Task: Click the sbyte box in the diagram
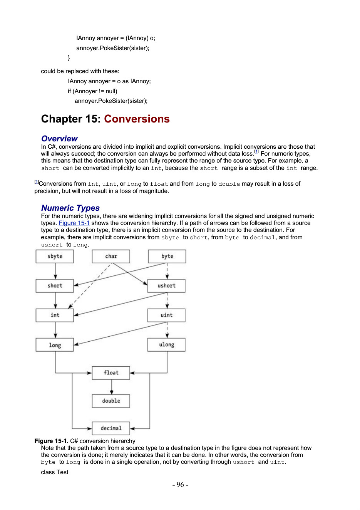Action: click(x=55, y=256)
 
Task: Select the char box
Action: click(x=111, y=256)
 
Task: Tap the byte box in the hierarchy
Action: click(x=167, y=256)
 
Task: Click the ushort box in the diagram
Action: click(x=166, y=286)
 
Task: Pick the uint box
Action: click(x=166, y=315)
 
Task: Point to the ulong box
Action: click(x=166, y=345)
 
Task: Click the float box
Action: click(x=111, y=373)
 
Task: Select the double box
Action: click(x=111, y=401)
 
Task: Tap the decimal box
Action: click(x=111, y=428)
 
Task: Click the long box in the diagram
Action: click(x=55, y=345)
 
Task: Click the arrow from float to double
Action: click(x=112, y=387)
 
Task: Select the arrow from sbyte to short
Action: click(x=55, y=271)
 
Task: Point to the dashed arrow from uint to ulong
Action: click(x=167, y=330)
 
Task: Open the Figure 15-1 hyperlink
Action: click(x=74, y=223)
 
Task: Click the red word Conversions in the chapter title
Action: click(x=137, y=119)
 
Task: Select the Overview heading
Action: click(x=59, y=138)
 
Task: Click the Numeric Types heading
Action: click(x=70, y=208)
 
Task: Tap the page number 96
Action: click(x=180, y=484)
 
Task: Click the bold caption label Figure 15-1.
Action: click(x=52, y=441)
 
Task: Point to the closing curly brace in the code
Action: click(x=69, y=58)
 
